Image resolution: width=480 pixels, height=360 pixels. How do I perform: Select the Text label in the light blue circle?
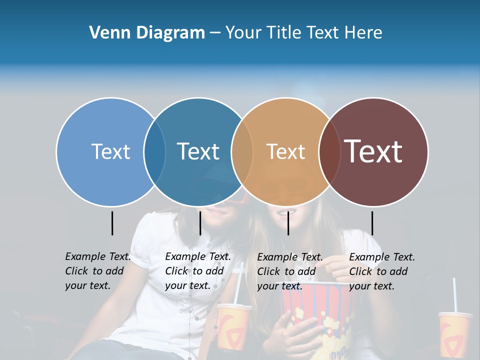[x=110, y=151]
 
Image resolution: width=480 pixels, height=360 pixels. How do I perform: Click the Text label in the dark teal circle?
[x=198, y=151]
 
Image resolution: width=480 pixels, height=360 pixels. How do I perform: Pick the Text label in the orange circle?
[x=285, y=151]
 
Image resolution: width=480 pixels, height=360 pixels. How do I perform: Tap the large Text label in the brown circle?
[x=373, y=151]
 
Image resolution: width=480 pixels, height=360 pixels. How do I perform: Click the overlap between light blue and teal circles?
[x=154, y=151]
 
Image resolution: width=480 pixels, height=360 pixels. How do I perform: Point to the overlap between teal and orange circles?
[x=242, y=151]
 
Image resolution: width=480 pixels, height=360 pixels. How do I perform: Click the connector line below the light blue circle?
[x=112, y=223]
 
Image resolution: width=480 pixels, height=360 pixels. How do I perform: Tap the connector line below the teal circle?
[x=200, y=223]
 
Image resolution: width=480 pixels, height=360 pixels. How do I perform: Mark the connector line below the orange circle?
[x=288, y=223]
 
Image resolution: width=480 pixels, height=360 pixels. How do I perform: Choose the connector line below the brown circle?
[x=372, y=223]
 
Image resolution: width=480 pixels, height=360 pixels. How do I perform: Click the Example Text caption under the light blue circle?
[x=98, y=271]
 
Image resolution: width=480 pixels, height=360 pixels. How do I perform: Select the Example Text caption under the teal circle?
[x=198, y=271]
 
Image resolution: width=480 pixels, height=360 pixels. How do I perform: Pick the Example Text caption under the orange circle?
[x=290, y=271]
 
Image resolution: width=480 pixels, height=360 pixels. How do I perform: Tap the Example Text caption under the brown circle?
[x=382, y=271]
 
